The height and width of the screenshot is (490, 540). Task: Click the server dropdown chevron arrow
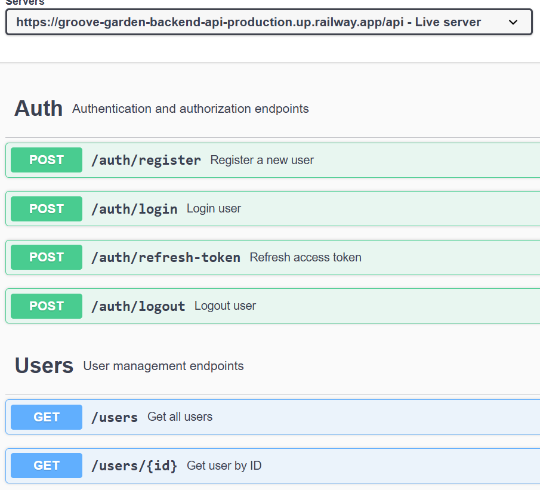pos(513,22)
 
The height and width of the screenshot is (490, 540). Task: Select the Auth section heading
pos(38,109)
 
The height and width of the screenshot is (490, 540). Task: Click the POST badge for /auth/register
pos(47,160)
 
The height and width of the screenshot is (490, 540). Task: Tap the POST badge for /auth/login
pos(47,209)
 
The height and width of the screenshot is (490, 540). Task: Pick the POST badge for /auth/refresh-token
pos(47,257)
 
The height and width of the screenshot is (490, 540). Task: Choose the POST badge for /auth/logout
pos(47,306)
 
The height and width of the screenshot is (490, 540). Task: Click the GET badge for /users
pos(47,417)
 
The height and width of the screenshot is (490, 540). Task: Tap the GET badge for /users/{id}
pos(47,466)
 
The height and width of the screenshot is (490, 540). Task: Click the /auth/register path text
pos(146,160)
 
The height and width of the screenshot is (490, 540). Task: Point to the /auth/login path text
pos(134,209)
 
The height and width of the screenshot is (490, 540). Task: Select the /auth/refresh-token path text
pos(165,257)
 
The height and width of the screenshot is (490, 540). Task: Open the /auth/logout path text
pos(138,306)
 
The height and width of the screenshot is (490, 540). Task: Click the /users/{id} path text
pos(134,466)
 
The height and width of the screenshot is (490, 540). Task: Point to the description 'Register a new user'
pos(262,160)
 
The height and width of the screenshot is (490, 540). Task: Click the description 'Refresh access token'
pos(306,257)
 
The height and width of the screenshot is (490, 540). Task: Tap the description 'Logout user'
pos(225,306)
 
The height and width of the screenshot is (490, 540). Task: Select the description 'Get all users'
pos(180,417)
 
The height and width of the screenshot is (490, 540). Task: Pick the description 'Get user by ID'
pos(224,466)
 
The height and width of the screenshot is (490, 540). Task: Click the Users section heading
pos(44,365)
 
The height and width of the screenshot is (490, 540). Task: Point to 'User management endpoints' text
pos(163,366)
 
